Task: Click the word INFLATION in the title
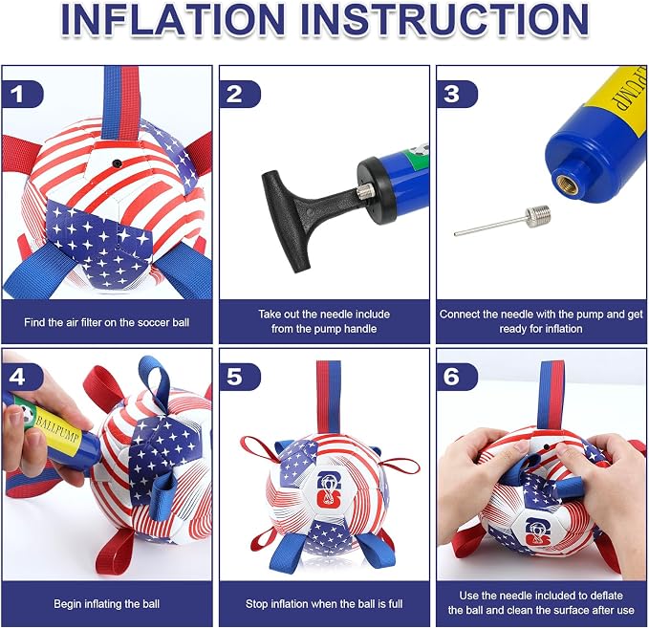click(x=173, y=19)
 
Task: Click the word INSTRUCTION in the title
click(x=444, y=19)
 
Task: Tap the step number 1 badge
click(x=22, y=95)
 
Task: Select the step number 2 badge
click(x=239, y=95)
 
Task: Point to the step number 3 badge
click(x=456, y=95)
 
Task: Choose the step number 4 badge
click(x=22, y=377)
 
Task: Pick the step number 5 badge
click(x=239, y=377)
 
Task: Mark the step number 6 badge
click(x=456, y=377)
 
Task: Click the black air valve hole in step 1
click(x=118, y=163)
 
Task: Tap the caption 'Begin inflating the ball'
click(x=107, y=604)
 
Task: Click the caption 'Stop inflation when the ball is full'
click(x=324, y=604)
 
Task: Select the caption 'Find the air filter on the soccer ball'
click(x=107, y=322)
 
